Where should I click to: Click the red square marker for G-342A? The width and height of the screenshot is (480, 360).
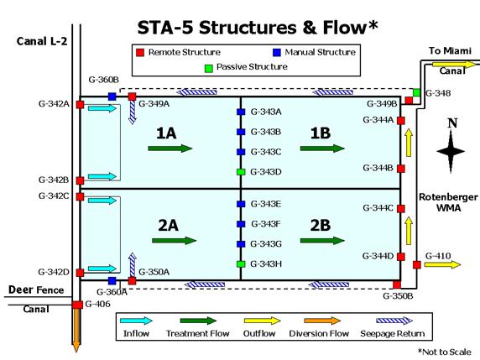(81, 105)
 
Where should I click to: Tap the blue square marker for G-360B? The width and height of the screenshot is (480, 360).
(112, 97)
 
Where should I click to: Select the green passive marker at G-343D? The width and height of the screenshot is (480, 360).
(241, 172)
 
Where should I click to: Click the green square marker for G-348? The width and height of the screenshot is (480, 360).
(416, 92)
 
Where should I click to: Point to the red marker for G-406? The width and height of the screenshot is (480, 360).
(77, 305)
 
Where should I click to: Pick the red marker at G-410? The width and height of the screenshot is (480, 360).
(416, 265)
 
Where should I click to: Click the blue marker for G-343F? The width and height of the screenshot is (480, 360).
(241, 224)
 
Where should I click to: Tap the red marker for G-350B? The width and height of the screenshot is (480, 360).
(397, 285)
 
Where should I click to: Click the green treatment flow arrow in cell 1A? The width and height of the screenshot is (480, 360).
(170, 149)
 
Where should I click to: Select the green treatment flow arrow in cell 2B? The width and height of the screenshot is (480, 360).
(322, 241)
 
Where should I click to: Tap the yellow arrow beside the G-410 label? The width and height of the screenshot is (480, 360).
(442, 264)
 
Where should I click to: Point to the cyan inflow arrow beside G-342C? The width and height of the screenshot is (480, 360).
(102, 201)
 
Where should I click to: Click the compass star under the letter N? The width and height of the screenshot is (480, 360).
(451, 151)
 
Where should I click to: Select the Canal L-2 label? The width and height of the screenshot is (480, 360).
(42, 41)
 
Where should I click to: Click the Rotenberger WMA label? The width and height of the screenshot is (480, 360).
(448, 202)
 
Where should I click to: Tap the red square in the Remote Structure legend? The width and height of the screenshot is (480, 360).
(140, 53)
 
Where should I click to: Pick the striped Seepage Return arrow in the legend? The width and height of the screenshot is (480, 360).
(394, 321)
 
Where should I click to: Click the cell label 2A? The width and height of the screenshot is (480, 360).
(169, 226)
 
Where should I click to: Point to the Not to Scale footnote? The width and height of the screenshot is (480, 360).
(445, 352)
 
